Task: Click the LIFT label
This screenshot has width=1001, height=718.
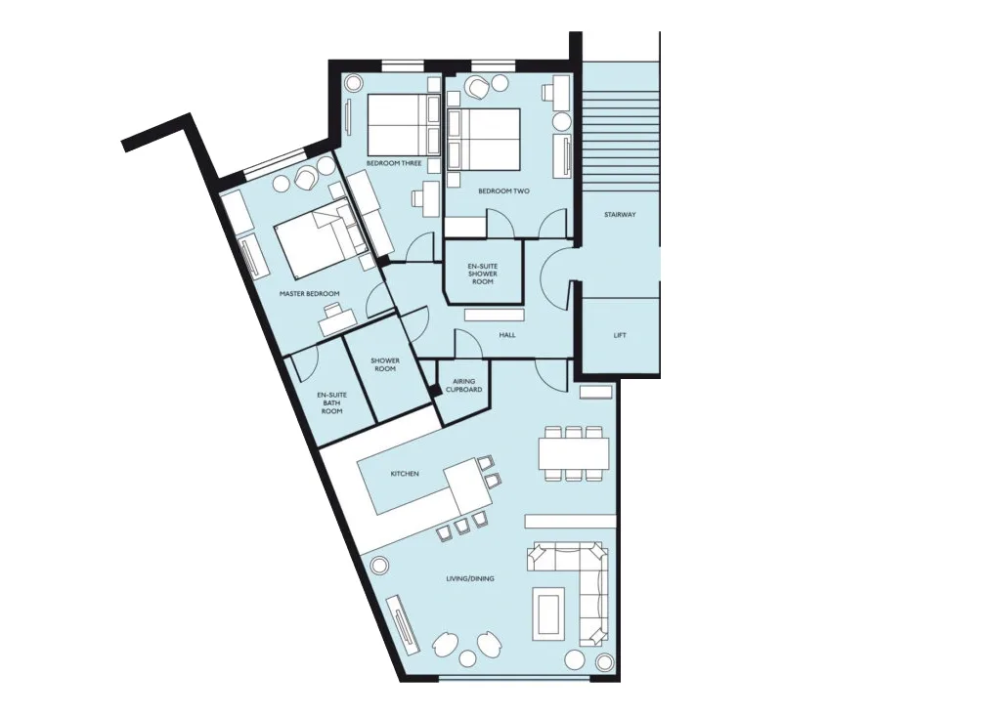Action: pos(620,335)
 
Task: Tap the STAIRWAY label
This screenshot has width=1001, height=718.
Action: pos(620,215)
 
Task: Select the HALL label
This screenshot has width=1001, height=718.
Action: pos(507,334)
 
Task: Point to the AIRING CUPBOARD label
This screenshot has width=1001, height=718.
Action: pos(464,386)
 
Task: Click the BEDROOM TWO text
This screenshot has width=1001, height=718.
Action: pos(503,190)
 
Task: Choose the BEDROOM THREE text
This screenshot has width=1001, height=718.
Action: pos(394,163)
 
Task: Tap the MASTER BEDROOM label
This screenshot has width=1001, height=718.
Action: pos(310,294)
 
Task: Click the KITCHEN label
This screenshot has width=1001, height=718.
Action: pos(405,474)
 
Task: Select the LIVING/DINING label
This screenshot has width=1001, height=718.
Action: pos(470,579)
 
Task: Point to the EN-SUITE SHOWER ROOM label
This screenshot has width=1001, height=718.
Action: pos(483,274)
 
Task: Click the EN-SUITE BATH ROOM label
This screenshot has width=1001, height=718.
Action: pos(332,402)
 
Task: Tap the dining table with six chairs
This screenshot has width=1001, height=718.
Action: pos(574,453)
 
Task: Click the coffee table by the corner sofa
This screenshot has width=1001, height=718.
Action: pos(547,613)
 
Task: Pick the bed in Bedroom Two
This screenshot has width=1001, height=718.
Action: pos(484,139)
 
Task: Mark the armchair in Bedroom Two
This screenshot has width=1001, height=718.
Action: pos(477,87)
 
